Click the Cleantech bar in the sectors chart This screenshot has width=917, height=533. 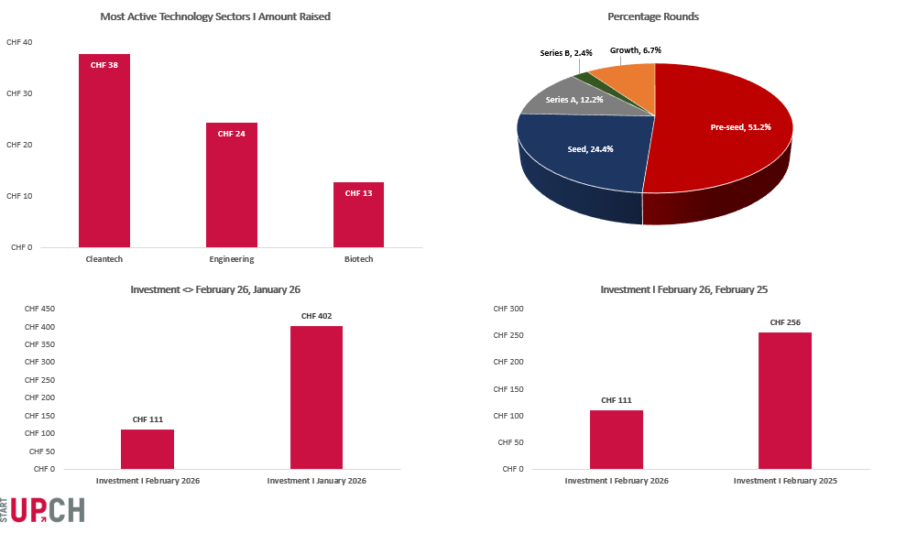104,150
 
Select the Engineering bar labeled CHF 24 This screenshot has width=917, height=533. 231,184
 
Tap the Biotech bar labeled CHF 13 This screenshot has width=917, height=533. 358,214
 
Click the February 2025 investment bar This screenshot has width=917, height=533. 784,399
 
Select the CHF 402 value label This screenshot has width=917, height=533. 316,316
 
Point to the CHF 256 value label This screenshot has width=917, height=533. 785,322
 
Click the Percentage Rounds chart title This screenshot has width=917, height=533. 653,16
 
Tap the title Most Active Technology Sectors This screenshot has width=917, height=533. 215,16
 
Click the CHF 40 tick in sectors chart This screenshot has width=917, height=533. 19,43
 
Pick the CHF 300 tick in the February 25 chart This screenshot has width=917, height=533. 508,309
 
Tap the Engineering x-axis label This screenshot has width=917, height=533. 231,259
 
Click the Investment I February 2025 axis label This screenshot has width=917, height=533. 785,481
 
